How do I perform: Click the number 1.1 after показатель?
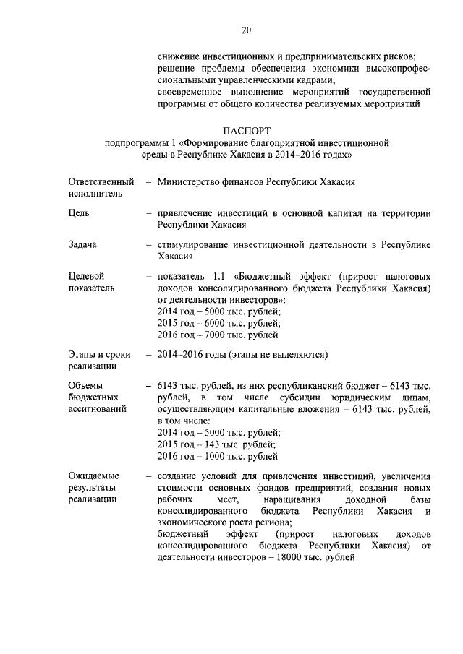219,277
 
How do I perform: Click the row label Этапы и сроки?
98,355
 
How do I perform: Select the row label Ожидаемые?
94,476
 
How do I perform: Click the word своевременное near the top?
192,92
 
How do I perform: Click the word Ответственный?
101,181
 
